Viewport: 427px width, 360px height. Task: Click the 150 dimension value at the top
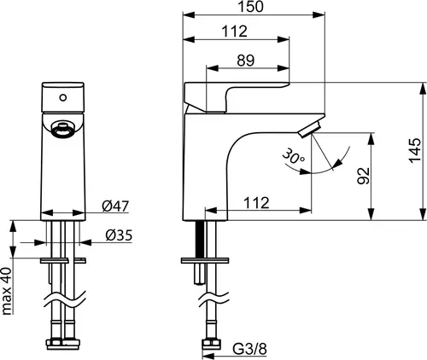[250, 7]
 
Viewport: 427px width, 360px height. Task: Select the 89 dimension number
[245, 61]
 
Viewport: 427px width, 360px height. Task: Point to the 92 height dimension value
[364, 176]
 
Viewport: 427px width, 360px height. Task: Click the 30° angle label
[294, 156]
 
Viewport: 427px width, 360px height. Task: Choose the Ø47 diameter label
[115, 206]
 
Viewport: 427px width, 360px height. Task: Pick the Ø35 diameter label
[119, 235]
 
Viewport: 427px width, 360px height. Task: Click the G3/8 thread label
[250, 349]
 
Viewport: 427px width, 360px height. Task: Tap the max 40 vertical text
[7, 291]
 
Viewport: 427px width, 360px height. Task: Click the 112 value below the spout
[256, 203]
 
